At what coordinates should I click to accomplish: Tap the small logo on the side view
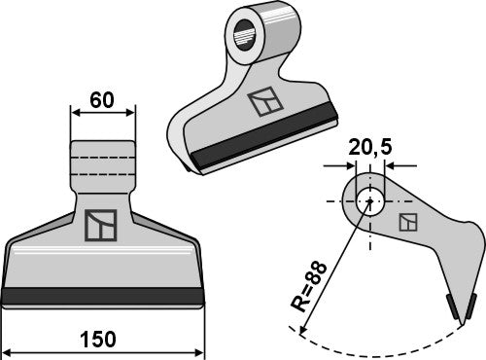(409, 223)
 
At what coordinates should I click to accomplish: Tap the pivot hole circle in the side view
(367, 203)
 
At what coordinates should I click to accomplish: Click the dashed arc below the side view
(389, 345)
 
